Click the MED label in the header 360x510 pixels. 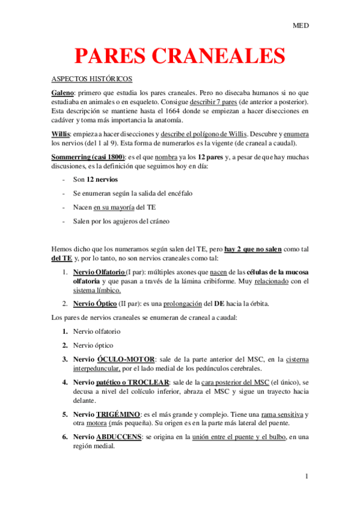tap(300, 26)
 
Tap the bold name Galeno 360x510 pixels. tap(63, 93)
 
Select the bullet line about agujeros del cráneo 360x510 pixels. tap(121, 221)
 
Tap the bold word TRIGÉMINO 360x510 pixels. tap(117, 414)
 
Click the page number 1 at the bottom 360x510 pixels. tap(307, 477)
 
